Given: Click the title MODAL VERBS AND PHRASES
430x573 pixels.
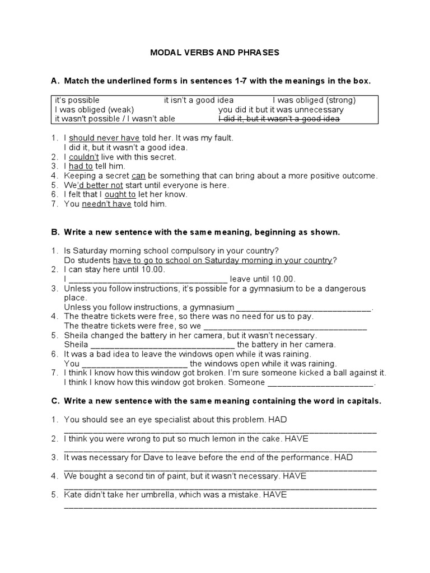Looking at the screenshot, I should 214,53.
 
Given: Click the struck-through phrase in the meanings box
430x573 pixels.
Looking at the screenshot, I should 281,119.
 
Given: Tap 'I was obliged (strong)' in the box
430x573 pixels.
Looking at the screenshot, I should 314,100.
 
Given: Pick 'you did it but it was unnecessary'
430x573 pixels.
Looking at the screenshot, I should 281,110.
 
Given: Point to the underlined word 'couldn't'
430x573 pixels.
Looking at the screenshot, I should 84,157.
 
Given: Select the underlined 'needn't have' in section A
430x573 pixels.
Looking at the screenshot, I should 106,204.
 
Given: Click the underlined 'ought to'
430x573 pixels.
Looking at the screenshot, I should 120,195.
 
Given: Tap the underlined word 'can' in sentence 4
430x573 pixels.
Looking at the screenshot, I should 138,176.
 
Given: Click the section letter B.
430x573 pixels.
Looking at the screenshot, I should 55,232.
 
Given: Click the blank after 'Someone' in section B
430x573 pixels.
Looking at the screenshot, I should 320,383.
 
